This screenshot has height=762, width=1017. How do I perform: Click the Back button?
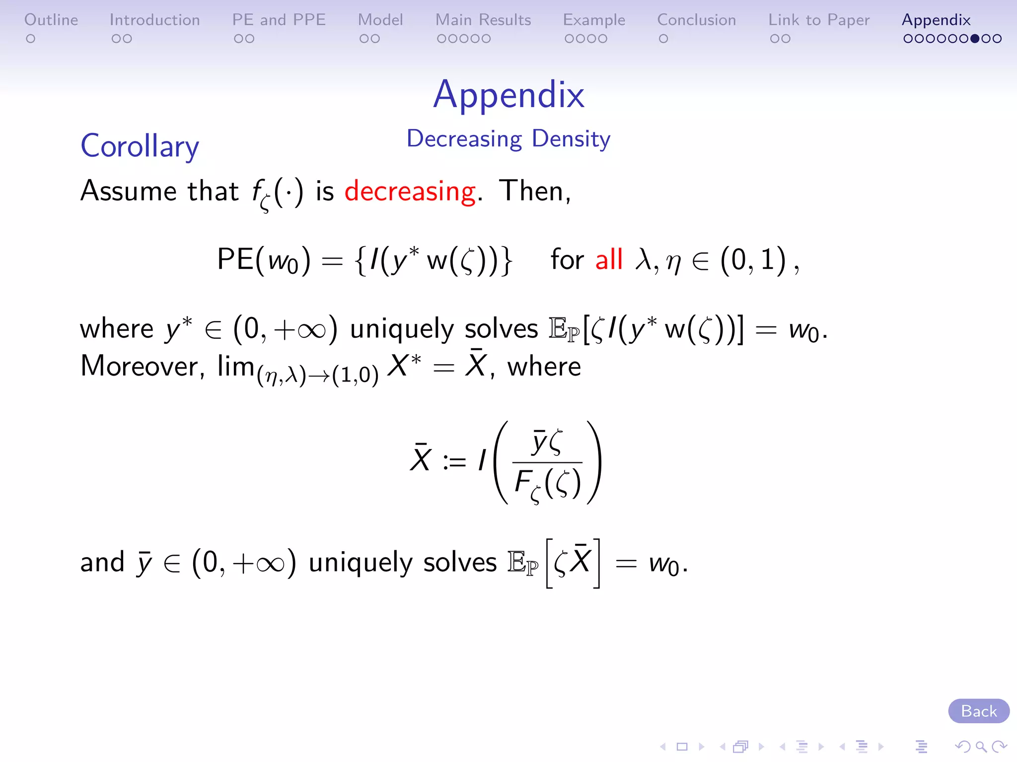click(x=978, y=711)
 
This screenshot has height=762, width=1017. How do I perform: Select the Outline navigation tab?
click(x=51, y=20)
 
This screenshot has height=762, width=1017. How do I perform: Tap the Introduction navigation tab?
click(x=154, y=20)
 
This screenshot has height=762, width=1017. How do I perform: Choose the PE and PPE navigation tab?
click(x=279, y=20)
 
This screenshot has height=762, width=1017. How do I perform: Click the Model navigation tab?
click(x=380, y=20)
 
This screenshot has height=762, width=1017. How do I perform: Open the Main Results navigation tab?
click(x=483, y=20)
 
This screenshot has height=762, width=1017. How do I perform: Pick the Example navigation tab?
click(x=594, y=20)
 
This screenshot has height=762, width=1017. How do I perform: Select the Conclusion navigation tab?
click(x=696, y=20)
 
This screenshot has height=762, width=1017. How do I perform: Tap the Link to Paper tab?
click(x=819, y=20)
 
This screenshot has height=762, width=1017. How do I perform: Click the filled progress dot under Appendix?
click(x=975, y=39)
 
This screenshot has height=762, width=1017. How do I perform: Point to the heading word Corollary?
click(x=140, y=146)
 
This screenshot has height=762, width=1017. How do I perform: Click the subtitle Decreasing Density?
click(x=508, y=139)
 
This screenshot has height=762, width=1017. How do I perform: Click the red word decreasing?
click(x=410, y=191)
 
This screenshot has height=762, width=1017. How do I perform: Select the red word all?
click(x=609, y=259)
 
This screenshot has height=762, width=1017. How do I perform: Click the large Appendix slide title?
click(x=508, y=94)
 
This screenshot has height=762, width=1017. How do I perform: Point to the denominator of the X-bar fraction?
click(x=547, y=484)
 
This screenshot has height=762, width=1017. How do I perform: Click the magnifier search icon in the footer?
click(x=981, y=746)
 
